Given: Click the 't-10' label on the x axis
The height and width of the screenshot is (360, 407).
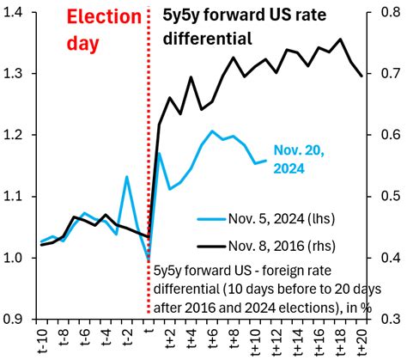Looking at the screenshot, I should tap(39, 339).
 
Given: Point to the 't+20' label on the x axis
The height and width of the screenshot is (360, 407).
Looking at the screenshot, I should tap(361, 339).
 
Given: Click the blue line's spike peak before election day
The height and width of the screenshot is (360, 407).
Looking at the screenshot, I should tap(126, 177).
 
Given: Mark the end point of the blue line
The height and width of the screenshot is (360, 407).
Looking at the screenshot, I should tap(266, 161).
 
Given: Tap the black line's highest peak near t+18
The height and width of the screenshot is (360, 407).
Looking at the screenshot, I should tap(341, 40).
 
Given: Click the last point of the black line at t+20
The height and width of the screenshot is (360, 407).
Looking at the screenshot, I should tap(361, 76).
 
